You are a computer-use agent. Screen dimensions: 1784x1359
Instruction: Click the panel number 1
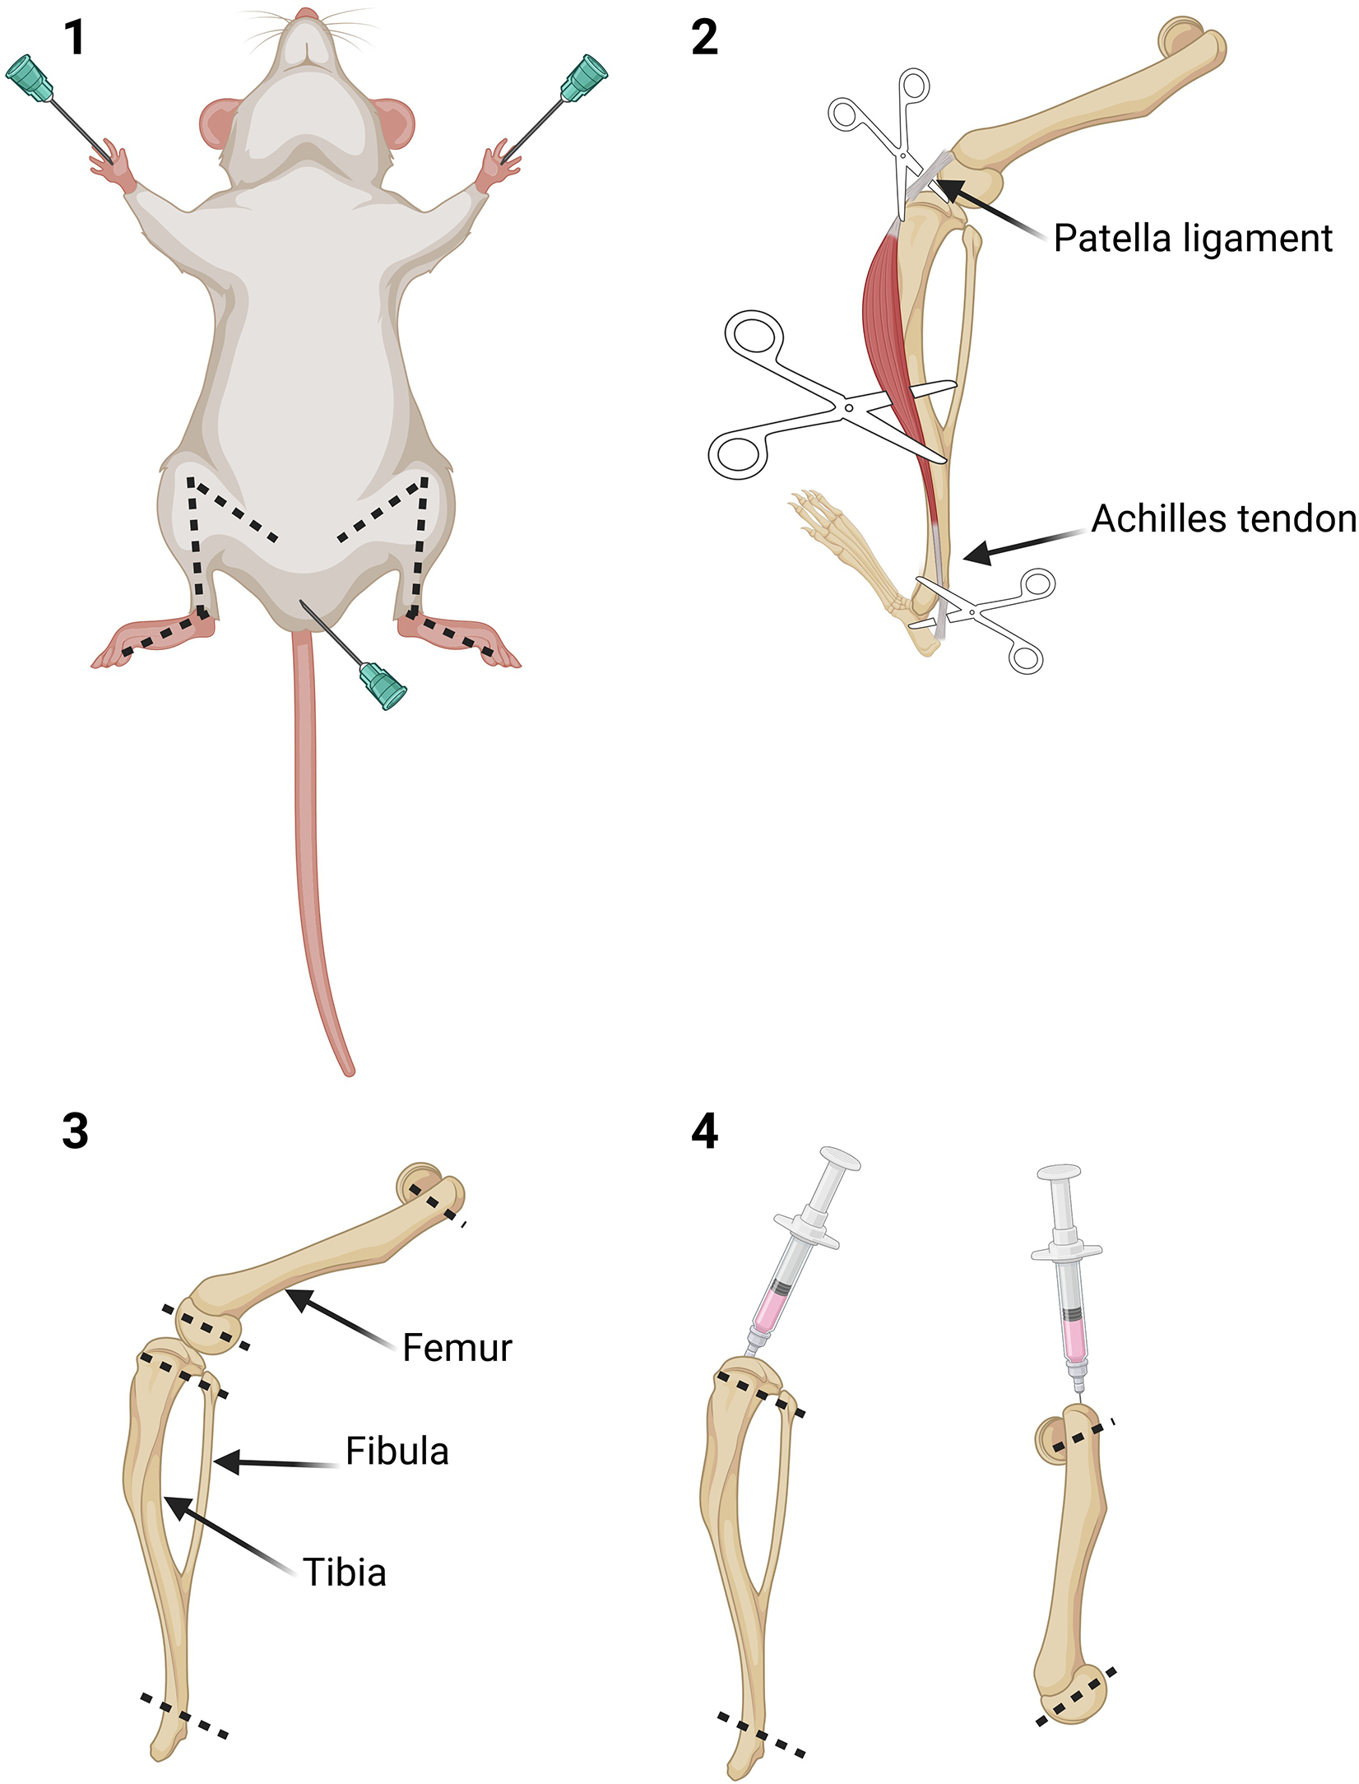click(74, 39)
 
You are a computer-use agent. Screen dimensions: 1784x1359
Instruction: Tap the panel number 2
click(704, 39)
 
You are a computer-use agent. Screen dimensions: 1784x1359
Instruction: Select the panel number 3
click(75, 1131)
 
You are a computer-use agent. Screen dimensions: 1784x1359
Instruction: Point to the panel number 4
click(704, 1131)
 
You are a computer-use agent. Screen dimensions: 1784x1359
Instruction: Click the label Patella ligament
click(1192, 239)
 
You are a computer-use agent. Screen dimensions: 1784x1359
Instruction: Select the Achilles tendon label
click(1223, 519)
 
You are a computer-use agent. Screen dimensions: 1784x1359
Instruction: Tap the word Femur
click(457, 1348)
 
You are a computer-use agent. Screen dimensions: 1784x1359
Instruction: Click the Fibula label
click(397, 1452)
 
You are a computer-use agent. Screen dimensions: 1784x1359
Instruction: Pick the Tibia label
click(344, 1573)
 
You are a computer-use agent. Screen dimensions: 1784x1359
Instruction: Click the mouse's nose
click(307, 13)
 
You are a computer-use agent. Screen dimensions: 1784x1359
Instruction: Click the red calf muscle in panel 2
click(888, 329)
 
